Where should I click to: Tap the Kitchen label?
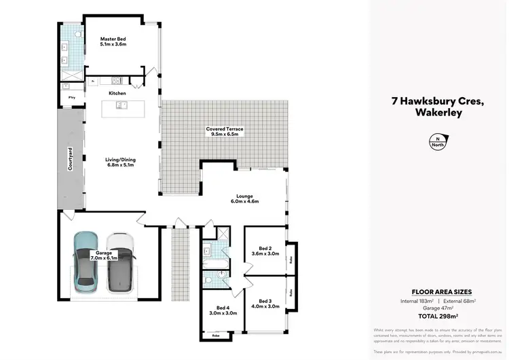tap(117, 93)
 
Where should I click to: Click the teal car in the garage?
tap(86, 258)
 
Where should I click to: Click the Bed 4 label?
tap(216, 310)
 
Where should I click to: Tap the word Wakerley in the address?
tap(437, 113)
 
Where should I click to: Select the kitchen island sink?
tap(120, 105)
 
